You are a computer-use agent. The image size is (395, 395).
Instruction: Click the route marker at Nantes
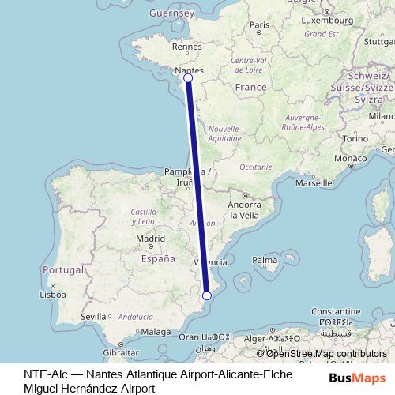coord(188,77)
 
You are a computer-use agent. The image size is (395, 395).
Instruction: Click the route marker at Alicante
coord(207,295)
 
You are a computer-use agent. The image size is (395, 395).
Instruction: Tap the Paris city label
coord(260,25)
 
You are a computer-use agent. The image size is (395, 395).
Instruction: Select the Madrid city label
coord(149,238)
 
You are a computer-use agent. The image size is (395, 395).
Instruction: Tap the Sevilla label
coord(92,317)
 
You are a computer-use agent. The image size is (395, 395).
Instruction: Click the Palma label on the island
coord(265,259)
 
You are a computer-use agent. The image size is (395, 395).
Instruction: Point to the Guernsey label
coord(171,13)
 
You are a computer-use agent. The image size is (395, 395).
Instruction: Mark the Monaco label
coord(349,159)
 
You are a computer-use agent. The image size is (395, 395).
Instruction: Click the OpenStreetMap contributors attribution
coord(325,354)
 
